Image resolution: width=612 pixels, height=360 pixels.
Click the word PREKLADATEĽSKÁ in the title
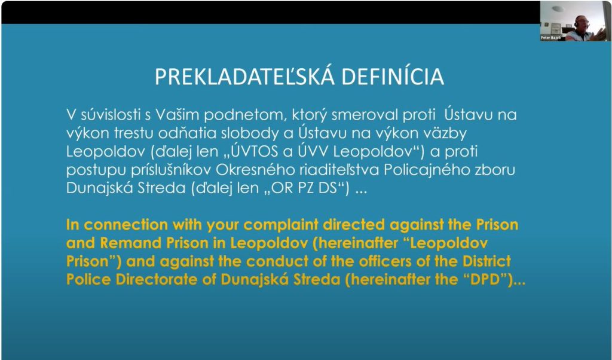[244, 76]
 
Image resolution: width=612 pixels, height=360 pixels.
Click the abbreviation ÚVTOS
[255, 151]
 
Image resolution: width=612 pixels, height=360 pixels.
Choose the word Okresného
[255, 170]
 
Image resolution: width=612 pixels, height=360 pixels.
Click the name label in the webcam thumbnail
[550, 38]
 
